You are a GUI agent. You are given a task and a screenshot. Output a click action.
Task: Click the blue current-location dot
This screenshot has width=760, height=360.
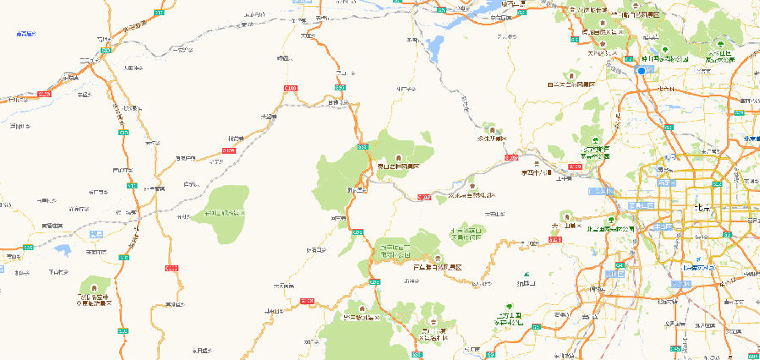click(x=642, y=71)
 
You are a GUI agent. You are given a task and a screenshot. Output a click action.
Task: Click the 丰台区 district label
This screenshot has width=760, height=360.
click(x=668, y=226)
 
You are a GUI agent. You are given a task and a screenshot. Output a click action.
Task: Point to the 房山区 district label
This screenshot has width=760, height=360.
click(x=615, y=274)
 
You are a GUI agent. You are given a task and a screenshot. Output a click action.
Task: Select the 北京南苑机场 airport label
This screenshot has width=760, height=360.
click(x=699, y=267)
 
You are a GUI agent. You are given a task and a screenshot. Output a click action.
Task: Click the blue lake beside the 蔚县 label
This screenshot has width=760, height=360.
click(x=61, y=249)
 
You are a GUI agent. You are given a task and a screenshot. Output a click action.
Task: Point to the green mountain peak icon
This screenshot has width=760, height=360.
click(x=527, y=275)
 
